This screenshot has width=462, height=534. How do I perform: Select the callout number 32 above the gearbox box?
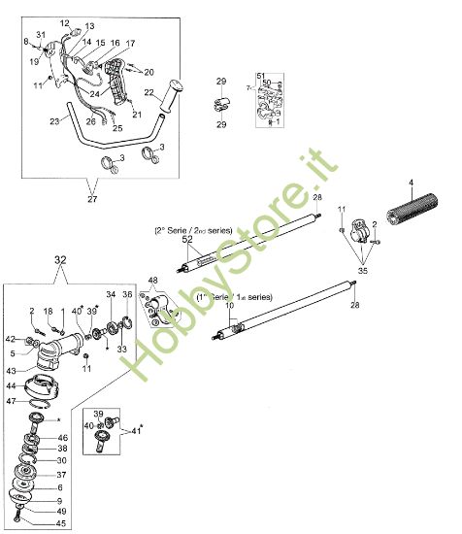[x=60, y=259]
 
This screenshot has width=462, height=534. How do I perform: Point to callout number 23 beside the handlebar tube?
[x=54, y=121]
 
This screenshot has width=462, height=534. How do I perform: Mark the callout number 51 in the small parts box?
[x=260, y=75]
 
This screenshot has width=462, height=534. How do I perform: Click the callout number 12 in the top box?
[x=64, y=22]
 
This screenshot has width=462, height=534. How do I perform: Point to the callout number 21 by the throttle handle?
[x=136, y=115]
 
